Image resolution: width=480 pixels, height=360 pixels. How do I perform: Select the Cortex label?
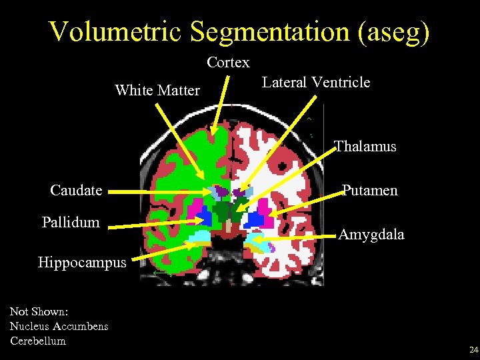[228, 63]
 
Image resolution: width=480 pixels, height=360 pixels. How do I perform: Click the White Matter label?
[157, 90]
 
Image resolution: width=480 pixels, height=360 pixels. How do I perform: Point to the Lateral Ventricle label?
[316, 83]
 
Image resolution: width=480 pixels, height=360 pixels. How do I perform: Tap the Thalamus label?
[365, 147]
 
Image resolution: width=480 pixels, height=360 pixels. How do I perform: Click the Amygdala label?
[371, 234]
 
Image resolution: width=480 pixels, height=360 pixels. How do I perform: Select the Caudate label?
[76, 191]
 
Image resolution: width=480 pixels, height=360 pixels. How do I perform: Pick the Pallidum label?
[71, 222]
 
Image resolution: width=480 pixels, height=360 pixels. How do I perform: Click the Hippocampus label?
[82, 262]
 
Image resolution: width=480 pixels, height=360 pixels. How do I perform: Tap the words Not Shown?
[39, 311]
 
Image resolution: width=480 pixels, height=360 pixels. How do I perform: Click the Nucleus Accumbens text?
[59, 326]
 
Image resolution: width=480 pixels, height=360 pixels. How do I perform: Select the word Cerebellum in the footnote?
[38, 341]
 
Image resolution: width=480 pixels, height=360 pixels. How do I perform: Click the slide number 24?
[473, 350]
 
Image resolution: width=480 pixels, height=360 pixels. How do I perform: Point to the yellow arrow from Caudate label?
[160, 192]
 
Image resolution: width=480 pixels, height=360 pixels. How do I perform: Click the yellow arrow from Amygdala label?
[293, 235]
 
